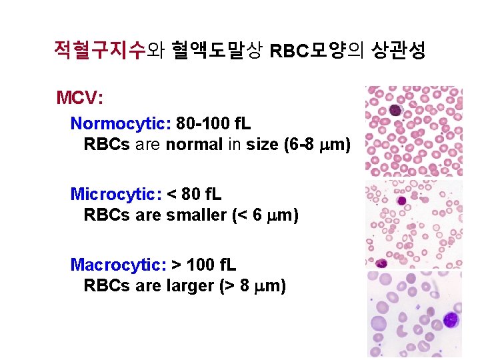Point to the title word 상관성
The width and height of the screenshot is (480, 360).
[399, 51]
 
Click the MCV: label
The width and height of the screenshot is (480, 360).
[79, 99]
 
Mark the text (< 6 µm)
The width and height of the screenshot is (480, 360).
[267, 215]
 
